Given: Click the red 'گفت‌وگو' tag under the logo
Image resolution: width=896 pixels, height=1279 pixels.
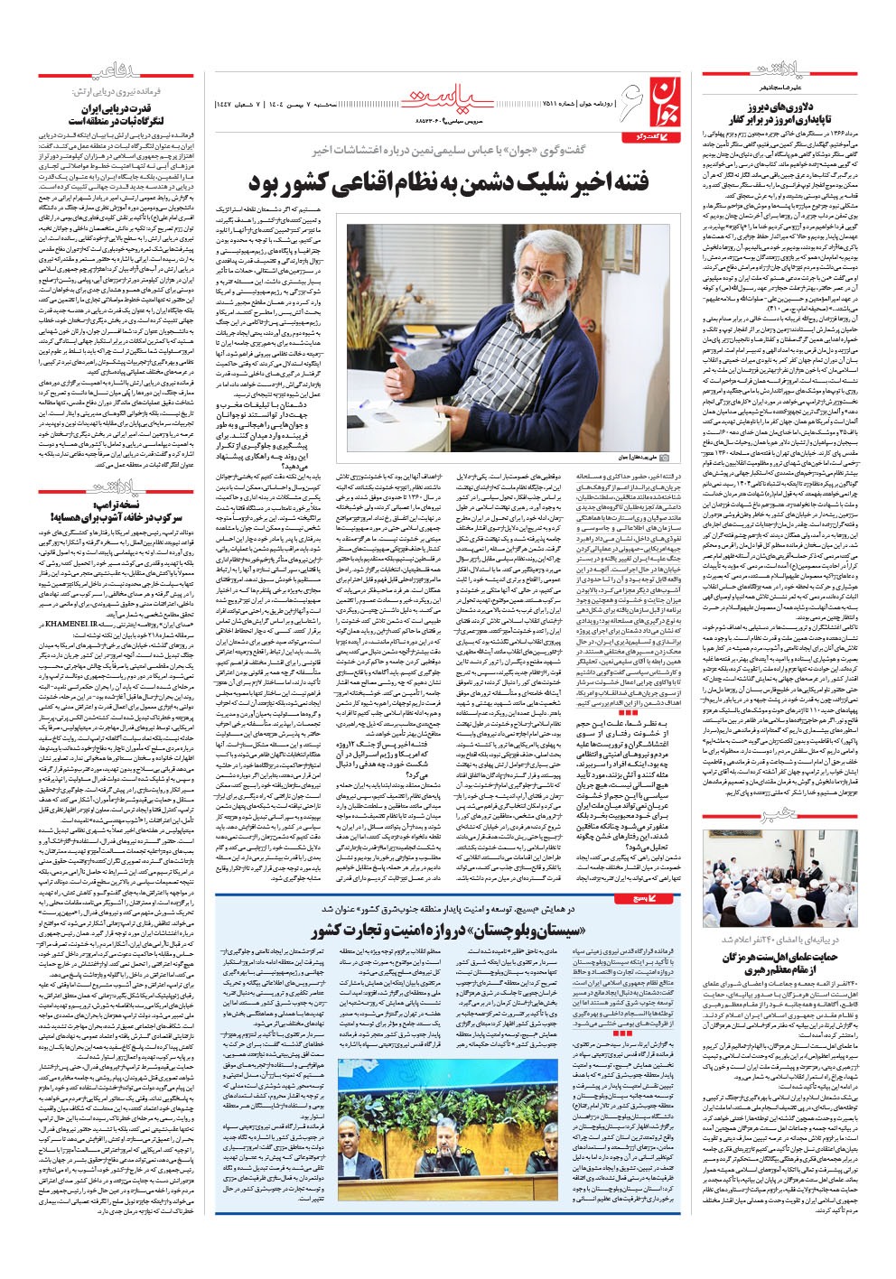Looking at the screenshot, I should point(647,134).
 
